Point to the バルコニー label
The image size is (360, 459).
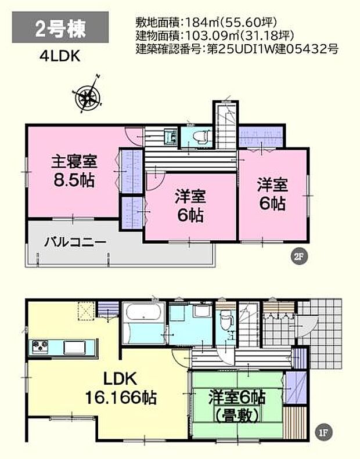coord(75,242)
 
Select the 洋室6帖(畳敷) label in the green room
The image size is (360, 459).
coord(236,407)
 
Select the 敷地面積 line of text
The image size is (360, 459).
coord(204,23)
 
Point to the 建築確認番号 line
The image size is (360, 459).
coord(236,49)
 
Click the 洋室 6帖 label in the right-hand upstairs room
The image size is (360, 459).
coord(271,194)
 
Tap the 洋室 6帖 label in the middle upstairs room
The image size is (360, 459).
coord(190,206)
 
